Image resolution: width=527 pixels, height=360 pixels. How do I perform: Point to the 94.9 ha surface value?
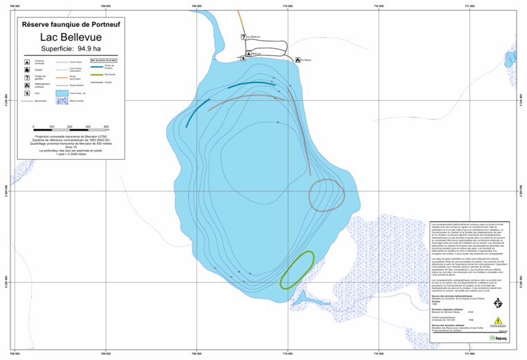coord(80,48)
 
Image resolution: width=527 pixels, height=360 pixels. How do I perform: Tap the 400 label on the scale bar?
coord(106,127)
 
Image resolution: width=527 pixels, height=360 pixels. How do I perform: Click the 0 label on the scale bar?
coord(33,127)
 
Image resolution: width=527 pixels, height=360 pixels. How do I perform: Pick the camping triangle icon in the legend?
coord(26,61)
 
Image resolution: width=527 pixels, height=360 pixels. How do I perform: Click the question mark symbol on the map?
coord(243,37)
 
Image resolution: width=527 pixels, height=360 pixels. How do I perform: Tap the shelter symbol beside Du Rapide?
coord(298,60)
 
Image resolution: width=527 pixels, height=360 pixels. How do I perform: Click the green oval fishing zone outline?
coord(297,269)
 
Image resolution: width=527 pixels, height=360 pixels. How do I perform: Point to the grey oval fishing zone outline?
coord(325,194)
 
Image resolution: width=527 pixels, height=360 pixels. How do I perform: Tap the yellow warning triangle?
coord(497,321)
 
